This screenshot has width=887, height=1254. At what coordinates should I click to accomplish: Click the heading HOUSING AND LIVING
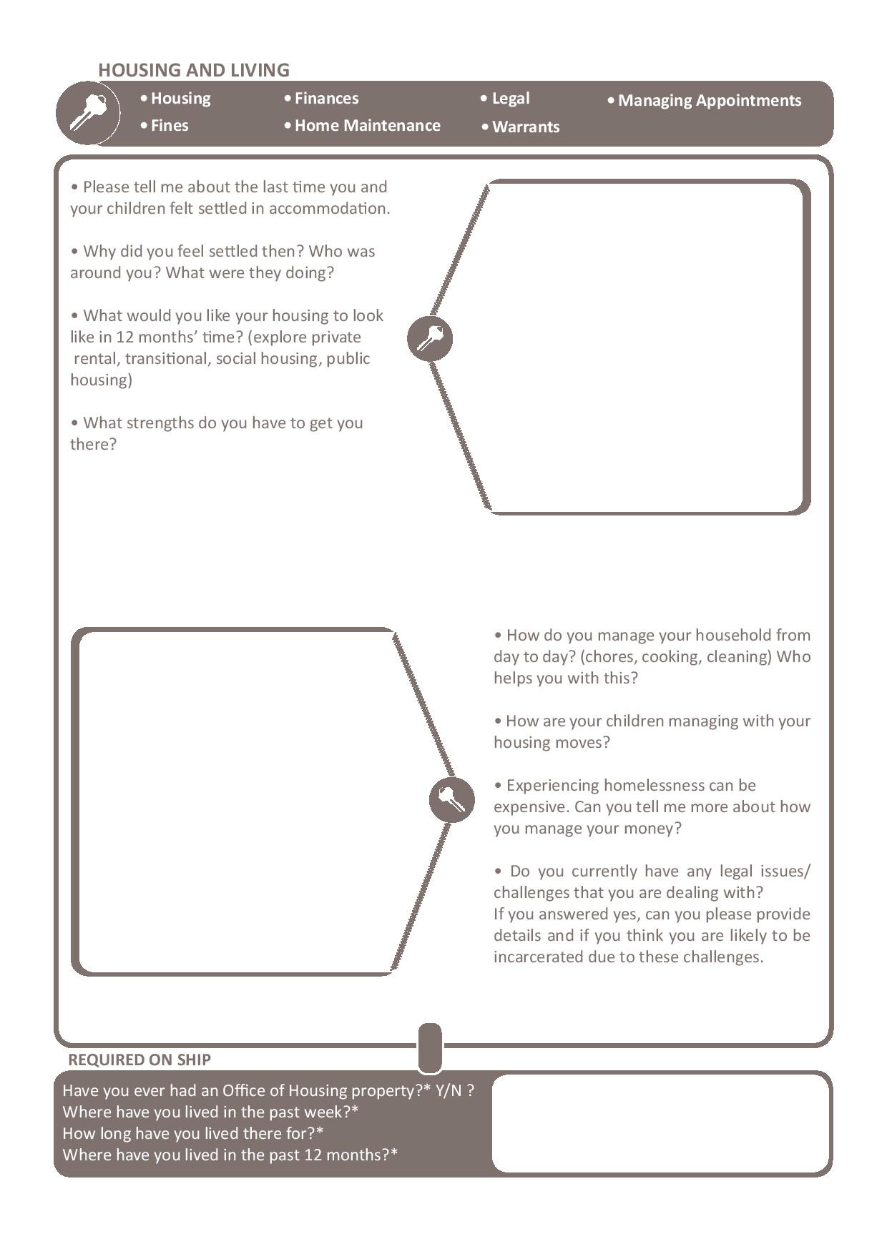(x=194, y=70)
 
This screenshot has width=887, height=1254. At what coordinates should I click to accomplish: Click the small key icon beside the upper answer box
(x=430, y=338)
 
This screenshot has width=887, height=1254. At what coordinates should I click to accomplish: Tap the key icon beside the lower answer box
(x=452, y=799)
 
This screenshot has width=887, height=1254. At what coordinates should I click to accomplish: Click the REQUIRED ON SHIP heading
(x=139, y=1060)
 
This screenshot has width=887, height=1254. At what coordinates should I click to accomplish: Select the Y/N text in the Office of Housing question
(x=448, y=1090)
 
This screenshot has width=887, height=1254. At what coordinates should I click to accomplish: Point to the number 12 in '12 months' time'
(x=124, y=337)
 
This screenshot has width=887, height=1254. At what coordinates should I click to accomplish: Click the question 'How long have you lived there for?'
(x=193, y=1133)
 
